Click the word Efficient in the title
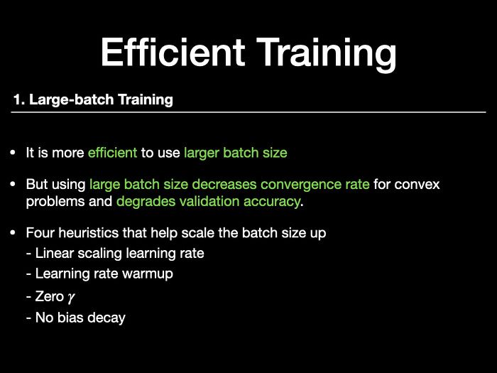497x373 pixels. (x=173, y=52)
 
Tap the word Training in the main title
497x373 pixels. (x=326, y=55)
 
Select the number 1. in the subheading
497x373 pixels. (x=19, y=99)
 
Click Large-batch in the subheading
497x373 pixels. (x=72, y=100)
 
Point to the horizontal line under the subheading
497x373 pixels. (x=248, y=112)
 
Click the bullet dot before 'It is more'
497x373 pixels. (x=13, y=153)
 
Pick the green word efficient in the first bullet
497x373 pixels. (x=112, y=153)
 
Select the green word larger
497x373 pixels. (x=202, y=153)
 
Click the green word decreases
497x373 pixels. (x=224, y=184)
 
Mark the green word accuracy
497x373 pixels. (x=272, y=202)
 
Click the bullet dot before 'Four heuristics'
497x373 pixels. (x=13, y=232)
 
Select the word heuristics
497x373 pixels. (x=89, y=233)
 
